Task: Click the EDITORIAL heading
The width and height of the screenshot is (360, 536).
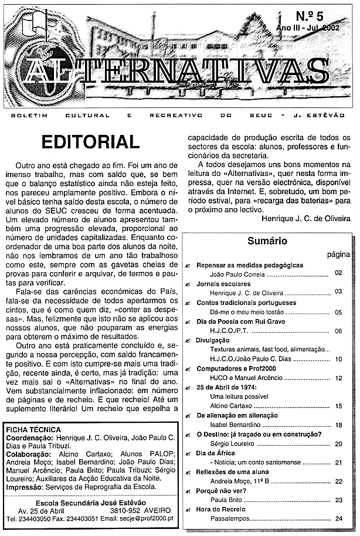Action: pyautogui.click(x=90, y=142)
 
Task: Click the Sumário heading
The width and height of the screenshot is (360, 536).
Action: pyautogui.click(x=267, y=240)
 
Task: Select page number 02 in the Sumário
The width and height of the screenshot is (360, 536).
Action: pyautogui.click(x=338, y=273)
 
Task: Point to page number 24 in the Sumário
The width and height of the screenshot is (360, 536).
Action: pyautogui.click(x=338, y=518)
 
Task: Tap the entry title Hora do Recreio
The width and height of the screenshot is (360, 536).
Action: pyautogui.click(x=221, y=509)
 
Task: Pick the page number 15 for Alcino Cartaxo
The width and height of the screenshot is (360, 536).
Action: pyautogui.click(x=338, y=406)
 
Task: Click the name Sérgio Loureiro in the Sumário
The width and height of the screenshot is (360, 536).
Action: pyautogui.click(x=231, y=444)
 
